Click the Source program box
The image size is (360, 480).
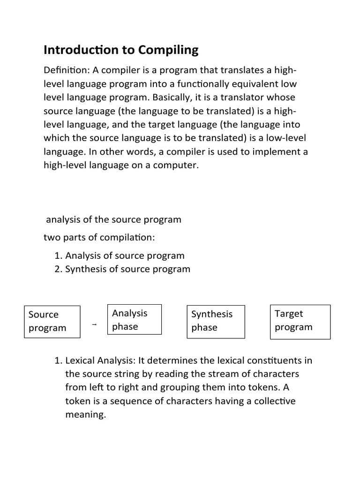coord(52,321)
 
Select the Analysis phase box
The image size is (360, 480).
coord(135,320)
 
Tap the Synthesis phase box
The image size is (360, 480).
coord(216,321)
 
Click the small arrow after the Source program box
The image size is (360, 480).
coord(94,324)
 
